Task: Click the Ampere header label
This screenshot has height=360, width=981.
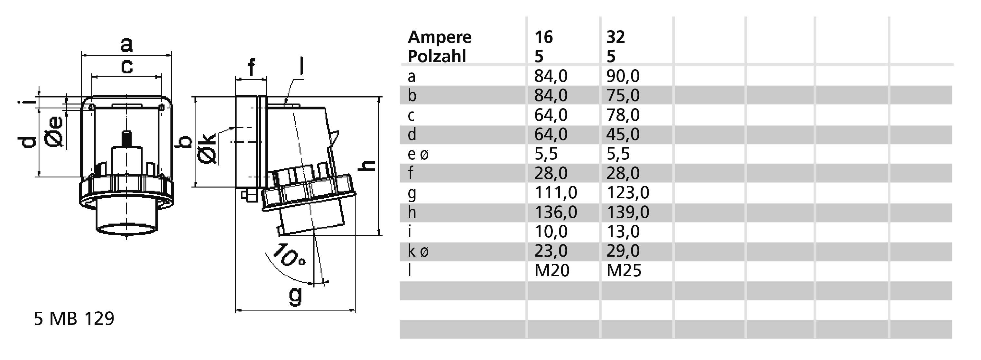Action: click(x=440, y=37)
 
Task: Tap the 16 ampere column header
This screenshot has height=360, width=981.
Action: click(x=543, y=37)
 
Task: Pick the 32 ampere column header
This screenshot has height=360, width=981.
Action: click(x=615, y=37)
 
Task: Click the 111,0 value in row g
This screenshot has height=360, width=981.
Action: click(x=556, y=193)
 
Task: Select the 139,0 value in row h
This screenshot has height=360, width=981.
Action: click(x=628, y=212)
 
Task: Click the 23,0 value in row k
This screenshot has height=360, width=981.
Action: click(x=551, y=251)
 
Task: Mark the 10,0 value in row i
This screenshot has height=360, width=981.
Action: click(x=551, y=232)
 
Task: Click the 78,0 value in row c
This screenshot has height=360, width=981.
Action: click(x=623, y=115)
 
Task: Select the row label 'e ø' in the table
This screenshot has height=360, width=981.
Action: click(x=418, y=154)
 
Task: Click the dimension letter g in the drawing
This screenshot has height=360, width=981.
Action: click(x=295, y=295)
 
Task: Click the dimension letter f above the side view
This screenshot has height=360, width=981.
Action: click(x=251, y=67)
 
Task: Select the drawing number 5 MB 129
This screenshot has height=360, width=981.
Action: click(x=74, y=319)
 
